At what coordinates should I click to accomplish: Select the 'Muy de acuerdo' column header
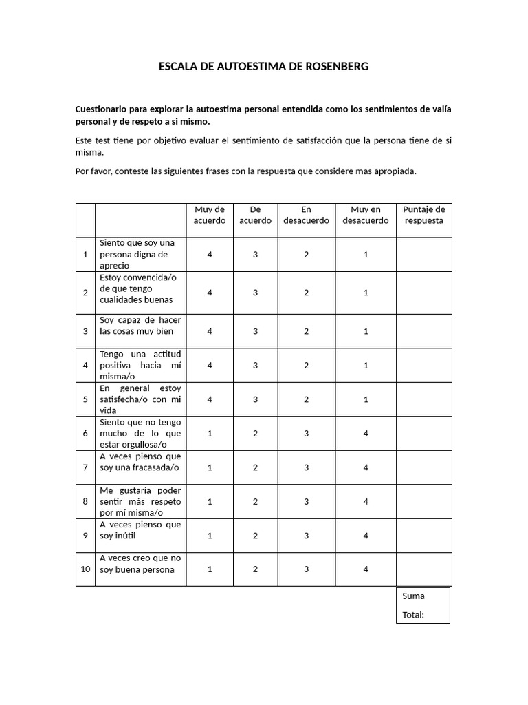[x=210, y=215]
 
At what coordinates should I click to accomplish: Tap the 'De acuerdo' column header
[x=255, y=215]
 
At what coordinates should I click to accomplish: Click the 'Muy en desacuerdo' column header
[x=366, y=215]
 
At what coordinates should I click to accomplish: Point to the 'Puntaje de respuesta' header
[x=423, y=215]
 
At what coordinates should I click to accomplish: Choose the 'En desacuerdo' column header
[x=306, y=215]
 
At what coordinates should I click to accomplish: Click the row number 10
[x=85, y=569]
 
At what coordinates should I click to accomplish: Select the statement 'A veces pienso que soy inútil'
[x=140, y=530]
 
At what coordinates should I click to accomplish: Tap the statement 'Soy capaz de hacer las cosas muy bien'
[x=140, y=326]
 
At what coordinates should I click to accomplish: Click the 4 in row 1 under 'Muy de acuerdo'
[x=210, y=255]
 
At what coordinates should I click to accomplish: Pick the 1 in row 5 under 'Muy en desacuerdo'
[x=366, y=399]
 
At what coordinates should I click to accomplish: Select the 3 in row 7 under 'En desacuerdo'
[x=306, y=467]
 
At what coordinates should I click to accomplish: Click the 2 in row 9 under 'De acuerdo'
[x=255, y=536]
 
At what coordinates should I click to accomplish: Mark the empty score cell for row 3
[x=423, y=331]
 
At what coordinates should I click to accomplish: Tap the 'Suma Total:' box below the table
[x=423, y=605]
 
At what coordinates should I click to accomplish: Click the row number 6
[x=85, y=434]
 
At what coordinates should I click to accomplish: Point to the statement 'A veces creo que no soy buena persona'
[x=140, y=564]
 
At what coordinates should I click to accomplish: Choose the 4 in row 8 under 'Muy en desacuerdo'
[x=366, y=502]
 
